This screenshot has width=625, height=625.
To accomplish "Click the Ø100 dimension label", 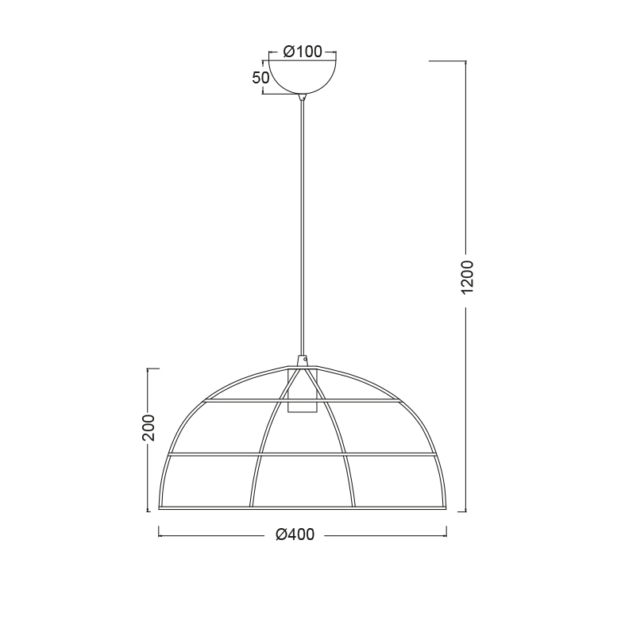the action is (303, 52).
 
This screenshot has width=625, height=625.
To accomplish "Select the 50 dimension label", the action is (260, 78).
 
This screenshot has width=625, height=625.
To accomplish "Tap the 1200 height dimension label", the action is (467, 277).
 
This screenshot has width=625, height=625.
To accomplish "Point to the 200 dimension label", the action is (149, 428).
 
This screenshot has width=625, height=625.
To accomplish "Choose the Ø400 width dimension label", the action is (295, 534).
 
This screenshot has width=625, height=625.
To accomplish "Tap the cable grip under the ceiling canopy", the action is (303, 97).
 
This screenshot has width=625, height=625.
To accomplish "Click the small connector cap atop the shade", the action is (303, 361).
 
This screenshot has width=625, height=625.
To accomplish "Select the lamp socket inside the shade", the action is (302, 391).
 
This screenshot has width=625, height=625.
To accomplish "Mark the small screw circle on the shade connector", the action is (305, 359).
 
